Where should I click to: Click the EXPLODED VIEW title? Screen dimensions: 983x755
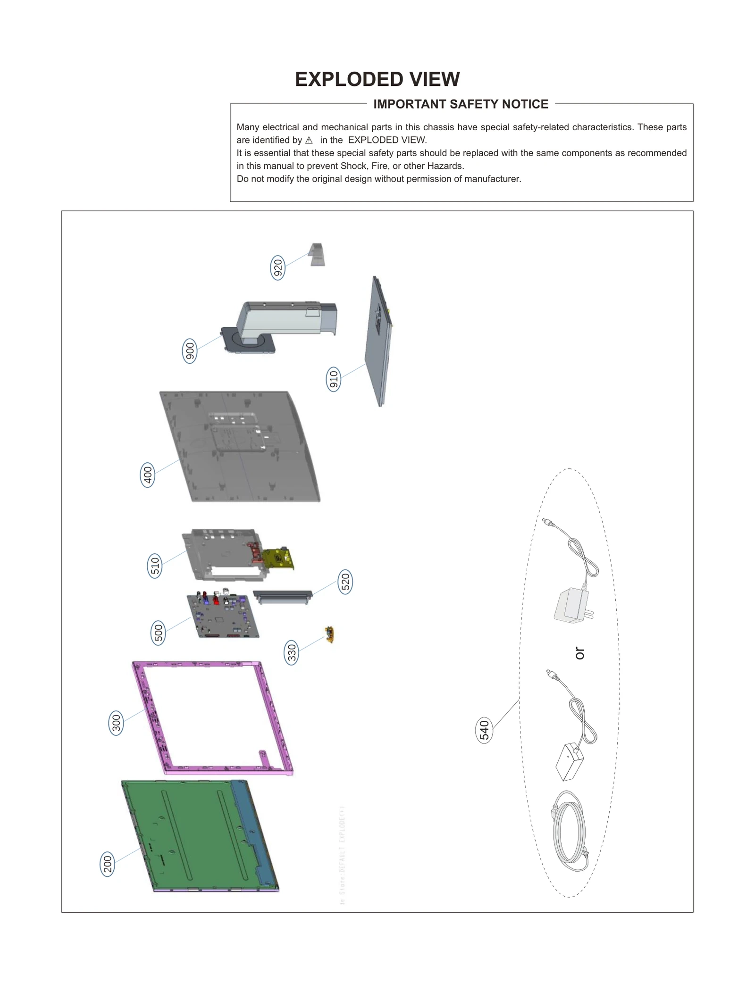pos(377,79)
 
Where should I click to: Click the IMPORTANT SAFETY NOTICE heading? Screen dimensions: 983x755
pos(461,104)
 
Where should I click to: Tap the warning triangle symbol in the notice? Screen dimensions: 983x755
pos(309,141)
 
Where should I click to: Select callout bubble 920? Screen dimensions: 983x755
pos(278,268)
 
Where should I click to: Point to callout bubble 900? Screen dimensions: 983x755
pos(190,351)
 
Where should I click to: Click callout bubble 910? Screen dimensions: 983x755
pos(334,380)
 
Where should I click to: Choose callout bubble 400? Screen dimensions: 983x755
pos(148,475)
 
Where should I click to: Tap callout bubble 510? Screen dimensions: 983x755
pos(155,566)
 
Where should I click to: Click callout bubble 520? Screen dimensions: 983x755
pos(345,582)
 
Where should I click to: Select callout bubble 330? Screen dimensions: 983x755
pos(292,653)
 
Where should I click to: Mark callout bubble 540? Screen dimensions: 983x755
pos(484,731)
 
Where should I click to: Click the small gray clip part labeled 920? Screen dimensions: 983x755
pos(317,255)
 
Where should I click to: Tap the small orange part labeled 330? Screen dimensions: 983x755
pos(330,634)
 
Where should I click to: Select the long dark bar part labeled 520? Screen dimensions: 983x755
pos(283,595)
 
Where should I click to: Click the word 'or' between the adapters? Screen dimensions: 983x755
pos(580,653)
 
